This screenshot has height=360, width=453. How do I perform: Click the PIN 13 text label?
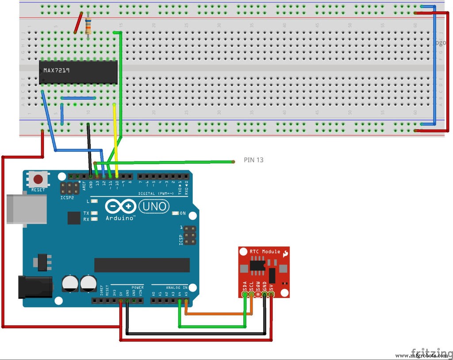[253, 160]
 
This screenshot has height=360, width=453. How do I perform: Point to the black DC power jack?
[35, 286]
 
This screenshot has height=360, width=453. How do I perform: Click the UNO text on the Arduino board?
[154, 206]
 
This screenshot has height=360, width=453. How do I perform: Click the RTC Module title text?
[265, 251]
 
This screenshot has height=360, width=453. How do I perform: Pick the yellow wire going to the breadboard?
[116, 137]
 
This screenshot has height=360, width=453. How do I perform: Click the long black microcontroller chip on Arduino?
[142, 265]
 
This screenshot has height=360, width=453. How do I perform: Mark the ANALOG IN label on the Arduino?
[177, 287]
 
